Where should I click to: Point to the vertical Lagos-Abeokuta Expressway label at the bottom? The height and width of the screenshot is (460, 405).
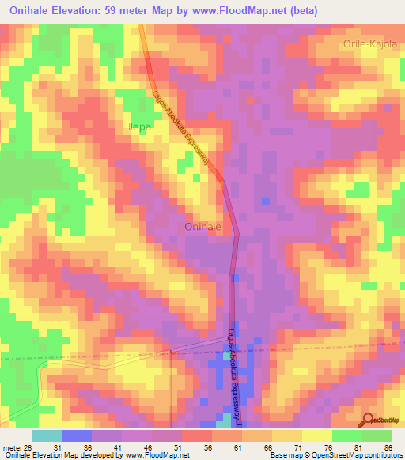coord(235,372)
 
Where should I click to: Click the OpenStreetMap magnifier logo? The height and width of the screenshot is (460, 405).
coord(369,420)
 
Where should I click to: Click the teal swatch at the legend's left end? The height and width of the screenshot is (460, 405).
coord(47,435)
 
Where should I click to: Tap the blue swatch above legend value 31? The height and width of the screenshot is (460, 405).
coord(77,435)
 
